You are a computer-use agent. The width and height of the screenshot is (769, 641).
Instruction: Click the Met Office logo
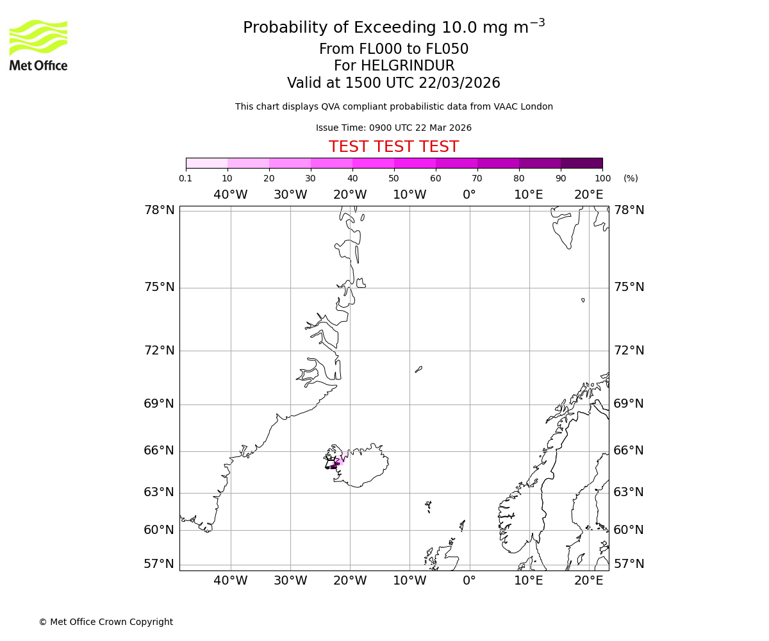38,45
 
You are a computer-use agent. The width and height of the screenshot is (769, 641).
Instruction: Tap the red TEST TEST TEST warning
393,147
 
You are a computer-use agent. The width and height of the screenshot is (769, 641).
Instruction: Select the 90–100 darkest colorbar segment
581,163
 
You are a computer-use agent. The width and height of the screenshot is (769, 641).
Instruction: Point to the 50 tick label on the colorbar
393,178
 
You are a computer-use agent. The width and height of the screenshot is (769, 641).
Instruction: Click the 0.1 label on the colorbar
186,178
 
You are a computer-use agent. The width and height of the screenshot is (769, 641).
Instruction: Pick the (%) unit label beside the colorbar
631,178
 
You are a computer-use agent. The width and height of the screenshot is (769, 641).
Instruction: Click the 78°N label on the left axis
159,210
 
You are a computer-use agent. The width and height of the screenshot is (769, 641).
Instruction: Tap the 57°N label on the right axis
629,564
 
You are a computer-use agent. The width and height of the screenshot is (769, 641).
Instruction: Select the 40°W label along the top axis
230,195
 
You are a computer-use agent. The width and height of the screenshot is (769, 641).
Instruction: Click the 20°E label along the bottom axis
588,581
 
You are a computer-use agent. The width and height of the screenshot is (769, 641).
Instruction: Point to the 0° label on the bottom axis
469,581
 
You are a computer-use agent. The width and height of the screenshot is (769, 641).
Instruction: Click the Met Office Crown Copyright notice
106,622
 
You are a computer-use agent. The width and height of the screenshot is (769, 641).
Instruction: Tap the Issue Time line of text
393,128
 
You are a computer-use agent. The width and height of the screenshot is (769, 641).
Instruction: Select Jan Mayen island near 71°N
418,369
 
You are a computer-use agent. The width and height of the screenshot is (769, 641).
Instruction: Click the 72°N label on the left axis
159,351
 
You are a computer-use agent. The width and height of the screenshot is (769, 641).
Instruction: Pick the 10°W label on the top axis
409,195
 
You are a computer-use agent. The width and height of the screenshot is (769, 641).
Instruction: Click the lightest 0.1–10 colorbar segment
206,163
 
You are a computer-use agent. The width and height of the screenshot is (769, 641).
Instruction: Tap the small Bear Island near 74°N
583,300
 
